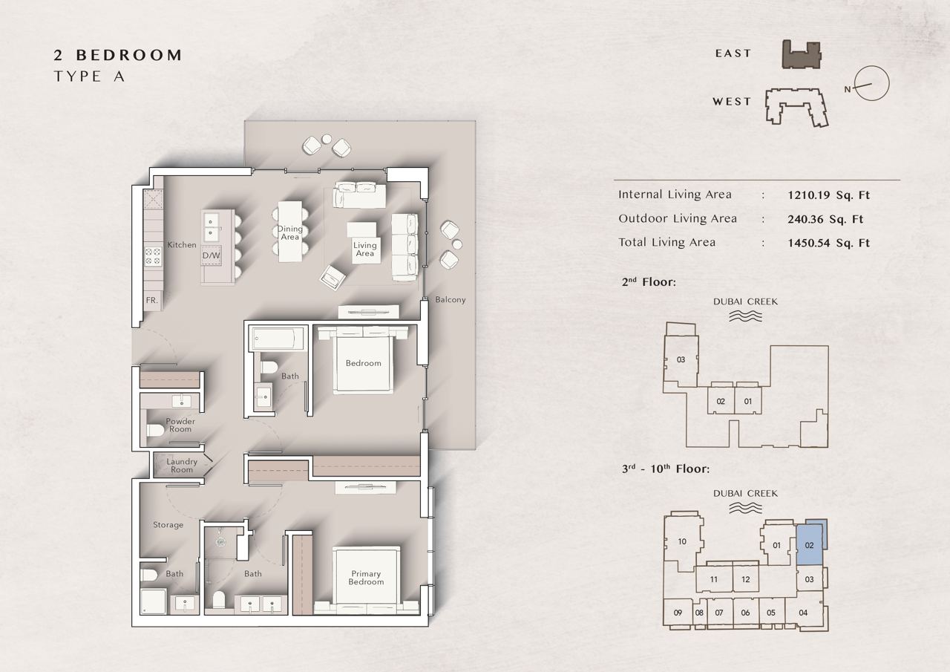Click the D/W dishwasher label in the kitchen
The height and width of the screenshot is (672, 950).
pyautogui.click(x=212, y=255)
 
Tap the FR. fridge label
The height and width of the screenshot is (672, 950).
pyautogui.click(x=151, y=301)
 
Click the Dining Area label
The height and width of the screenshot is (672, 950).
pyautogui.click(x=290, y=232)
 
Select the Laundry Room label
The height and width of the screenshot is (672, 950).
pyautogui.click(x=182, y=466)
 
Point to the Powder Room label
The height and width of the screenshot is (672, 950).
pyautogui.click(x=180, y=425)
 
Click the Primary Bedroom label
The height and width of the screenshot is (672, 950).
pyautogui.click(x=366, y=578)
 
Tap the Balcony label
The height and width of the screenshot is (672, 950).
pyautogui.click(x=451, y=299)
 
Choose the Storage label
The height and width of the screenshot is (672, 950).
pyautogui.click(x=168, y=525)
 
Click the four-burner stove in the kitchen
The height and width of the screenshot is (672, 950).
pyautogui.click(x=153, y=256)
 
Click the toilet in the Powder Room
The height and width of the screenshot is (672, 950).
pyautogui.click(x=154, y=430)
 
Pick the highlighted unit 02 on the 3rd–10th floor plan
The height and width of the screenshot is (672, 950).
pyautogui.click(x=810, y=545)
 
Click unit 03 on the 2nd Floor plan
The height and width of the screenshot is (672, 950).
pyautogui.click(x=681, y=359)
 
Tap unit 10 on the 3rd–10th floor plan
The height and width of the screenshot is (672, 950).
pyautogui.click(x=682, y=541)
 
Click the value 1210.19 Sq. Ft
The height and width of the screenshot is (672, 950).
pyautogui.click(x=829, y=195)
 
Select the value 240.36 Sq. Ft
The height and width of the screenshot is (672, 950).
pyautogui.click(x=825, y=219)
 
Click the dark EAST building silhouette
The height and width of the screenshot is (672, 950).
pyautogui.click(x=801, y=55)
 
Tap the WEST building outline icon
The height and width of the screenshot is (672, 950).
pyautogui.click(x=796, y=107)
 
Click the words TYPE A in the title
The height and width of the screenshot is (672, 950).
pyautogui.click(x=89, y=76)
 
